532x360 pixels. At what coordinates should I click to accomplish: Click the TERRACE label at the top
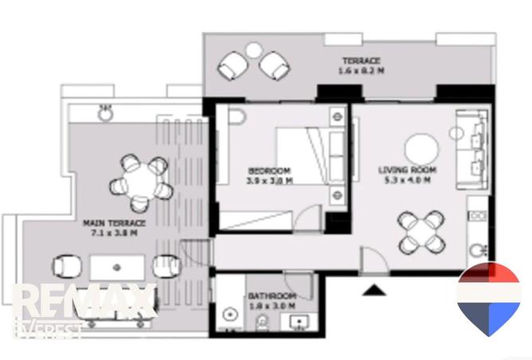pyautogui.click(x=361, y=61)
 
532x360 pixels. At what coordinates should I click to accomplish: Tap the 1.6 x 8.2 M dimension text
pyautogui.click(x=361, y=71)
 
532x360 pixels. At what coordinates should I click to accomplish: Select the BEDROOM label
pyautogui.click(x=268, y=170)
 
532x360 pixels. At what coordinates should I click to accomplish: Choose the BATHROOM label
pyautogui.click(x=272, y=296)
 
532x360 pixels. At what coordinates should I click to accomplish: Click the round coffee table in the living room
pyautogui.click(x=421, y=148)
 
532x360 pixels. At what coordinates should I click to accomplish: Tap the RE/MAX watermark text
pyautogui.click(x=84, y=301)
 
